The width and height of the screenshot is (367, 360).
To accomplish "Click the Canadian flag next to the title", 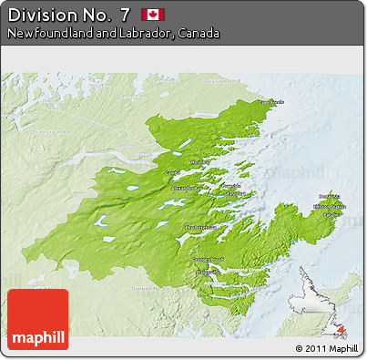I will [x=152, y=14].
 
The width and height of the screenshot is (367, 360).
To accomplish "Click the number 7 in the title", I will [x=124, y=14].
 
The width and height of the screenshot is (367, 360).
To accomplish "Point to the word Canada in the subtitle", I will [x=199, y=33].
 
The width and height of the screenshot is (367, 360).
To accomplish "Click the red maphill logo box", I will [x=37, y=319].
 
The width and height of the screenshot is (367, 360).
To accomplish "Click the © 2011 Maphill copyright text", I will [x=326, y=348].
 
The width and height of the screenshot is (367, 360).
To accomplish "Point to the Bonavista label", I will [x=329, y=196].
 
